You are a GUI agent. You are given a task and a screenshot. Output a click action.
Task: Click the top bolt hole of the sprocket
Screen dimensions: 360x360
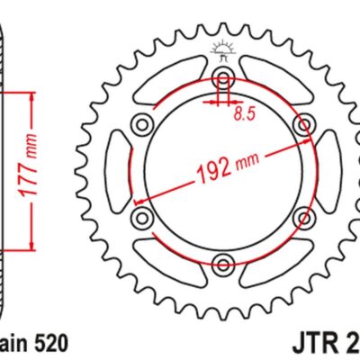[221, 73]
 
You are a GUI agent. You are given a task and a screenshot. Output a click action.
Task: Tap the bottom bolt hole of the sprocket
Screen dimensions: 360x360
[221, 263]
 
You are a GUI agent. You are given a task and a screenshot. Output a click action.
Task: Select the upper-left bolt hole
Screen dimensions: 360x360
[139, 121]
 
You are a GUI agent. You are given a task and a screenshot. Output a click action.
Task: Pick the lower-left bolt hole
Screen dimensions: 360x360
[139, 216]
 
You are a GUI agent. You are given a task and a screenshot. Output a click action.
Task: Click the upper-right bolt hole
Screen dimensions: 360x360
[304, 121]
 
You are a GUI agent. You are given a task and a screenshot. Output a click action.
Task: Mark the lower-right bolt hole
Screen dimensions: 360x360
[304, 216]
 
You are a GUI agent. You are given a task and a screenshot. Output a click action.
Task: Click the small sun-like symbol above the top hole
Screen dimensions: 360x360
[221, 50]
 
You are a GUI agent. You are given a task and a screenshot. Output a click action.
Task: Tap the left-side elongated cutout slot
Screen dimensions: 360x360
[117, 168]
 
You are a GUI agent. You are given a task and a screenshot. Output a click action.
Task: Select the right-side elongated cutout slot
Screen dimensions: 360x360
[327, 168]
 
